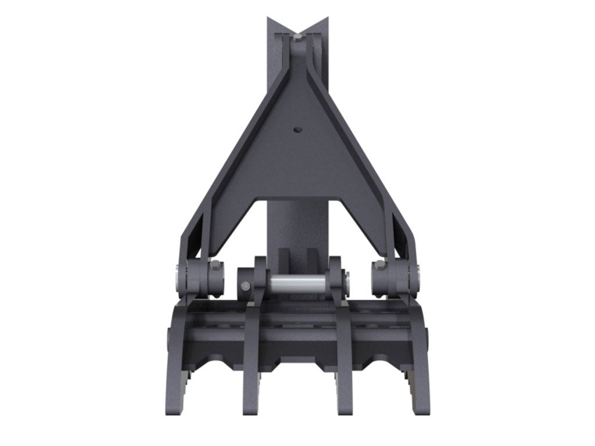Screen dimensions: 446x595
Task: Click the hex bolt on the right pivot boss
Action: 379,265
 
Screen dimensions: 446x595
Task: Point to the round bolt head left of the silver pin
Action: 245,286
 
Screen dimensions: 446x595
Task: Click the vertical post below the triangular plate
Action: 297,226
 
